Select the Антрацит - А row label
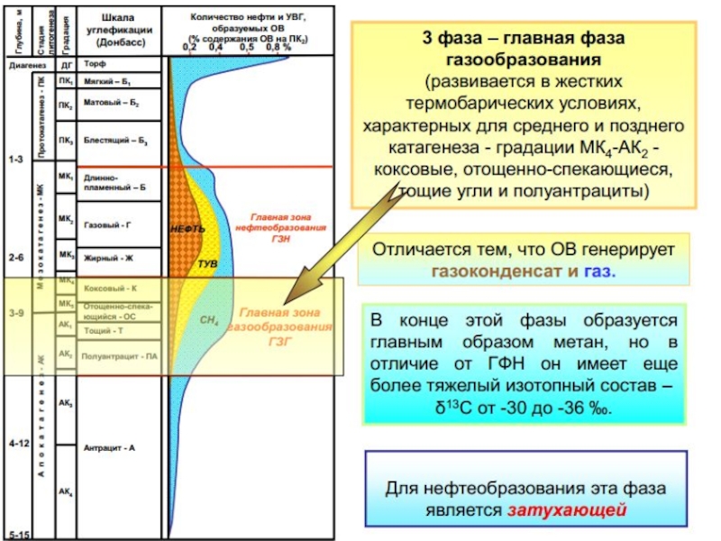(108, 447)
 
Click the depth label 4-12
(20, 445)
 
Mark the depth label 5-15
(19, 534)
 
